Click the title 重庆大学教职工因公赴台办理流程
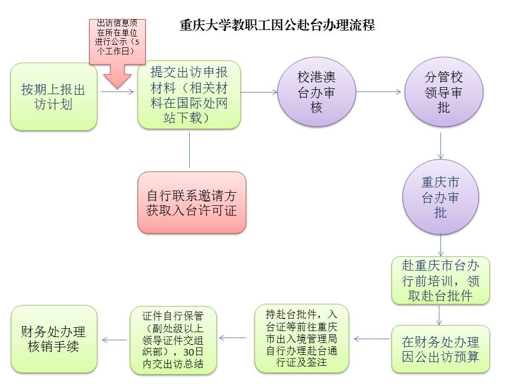point(277,26)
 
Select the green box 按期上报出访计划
point(54,96)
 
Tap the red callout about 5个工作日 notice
point(117,53)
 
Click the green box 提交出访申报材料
point(189,95)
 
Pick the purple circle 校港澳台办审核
point(316,91)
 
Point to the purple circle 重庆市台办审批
point(440,197)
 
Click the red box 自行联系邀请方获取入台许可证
point(192,203)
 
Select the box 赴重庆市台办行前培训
point(440,280)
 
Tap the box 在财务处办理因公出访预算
point(440,349)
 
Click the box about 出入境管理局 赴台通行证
point(302,338)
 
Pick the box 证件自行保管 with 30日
point(173,340)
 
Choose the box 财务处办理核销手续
point(54,339)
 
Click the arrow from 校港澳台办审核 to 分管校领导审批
point(378,91)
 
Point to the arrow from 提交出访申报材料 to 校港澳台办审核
point(259,92)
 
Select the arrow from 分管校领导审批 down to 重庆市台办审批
point(441,146)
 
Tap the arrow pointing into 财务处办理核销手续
point(115,340)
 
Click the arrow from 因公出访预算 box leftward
point(372,339)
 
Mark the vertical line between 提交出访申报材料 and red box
point(189,150)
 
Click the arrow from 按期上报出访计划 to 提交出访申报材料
point(117,91)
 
